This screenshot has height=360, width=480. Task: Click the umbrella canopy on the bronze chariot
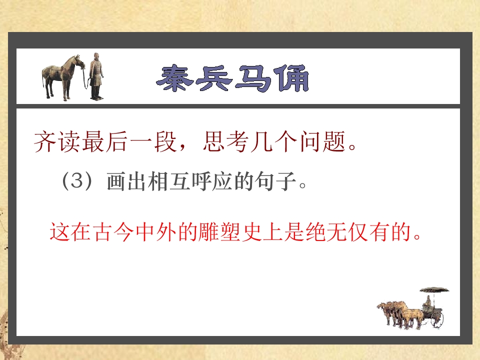434,290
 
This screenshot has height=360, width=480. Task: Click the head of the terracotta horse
79,61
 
